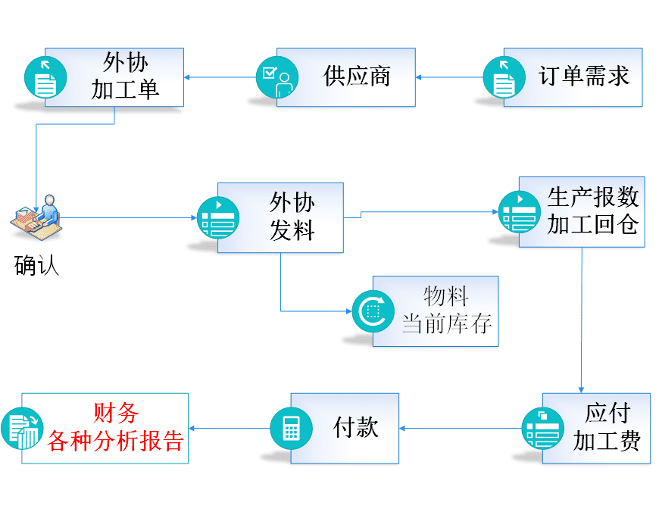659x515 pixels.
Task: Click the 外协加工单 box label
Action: pyautogui.click(x=125, y=76)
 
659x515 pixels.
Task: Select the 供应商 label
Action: pyautogui.click(x=357, y=76)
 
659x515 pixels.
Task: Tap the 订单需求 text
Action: pyautogui.click(x=584, y=76)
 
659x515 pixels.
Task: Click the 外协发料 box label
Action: pyautogui.click(x=292, y=217)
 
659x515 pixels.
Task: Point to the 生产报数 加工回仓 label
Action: pyautogui.click(x=593, y=211)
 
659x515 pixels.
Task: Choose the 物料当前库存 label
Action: pyautogui.click(x=446, y=310)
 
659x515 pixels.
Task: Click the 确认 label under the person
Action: pyautogui.click(x=36, y=266)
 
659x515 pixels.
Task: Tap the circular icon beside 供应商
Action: pyautogui.click(x=276, y=76)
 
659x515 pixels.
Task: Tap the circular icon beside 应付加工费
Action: pyautogui.click(x=542, y=428)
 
